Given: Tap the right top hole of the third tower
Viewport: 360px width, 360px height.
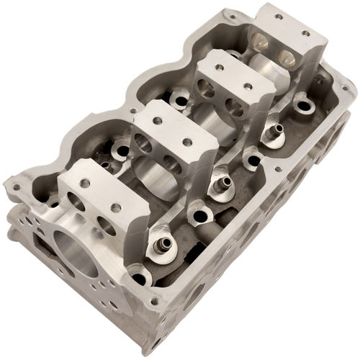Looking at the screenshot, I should pos(249,86).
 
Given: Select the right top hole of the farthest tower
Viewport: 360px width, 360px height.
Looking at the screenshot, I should pos(305,33).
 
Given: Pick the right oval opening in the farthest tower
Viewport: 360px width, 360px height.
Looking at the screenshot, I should pos(286,57).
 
